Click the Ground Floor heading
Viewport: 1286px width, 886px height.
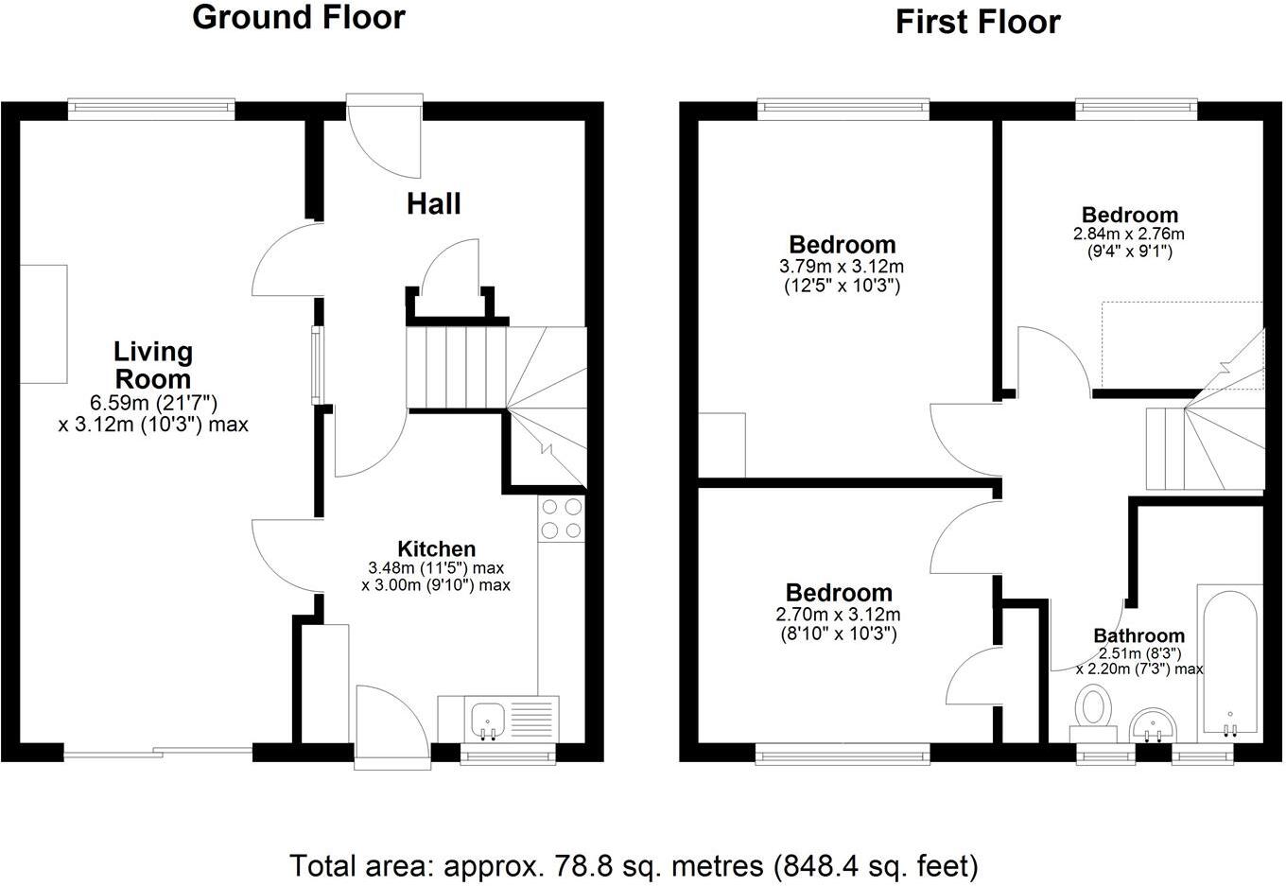(299, 17)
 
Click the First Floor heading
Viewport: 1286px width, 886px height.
(978, 22)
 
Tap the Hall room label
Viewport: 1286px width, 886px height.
(434, 203)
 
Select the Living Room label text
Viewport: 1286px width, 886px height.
(153, 365)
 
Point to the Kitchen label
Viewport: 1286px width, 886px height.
(436, 548)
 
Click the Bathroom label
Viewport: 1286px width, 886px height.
(1138, 635)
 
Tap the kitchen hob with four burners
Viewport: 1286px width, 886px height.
(562, 518)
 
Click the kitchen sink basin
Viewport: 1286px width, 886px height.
(488, 719)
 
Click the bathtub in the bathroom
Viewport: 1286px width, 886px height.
(1227, 661)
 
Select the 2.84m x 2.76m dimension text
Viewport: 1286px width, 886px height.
(1129, 234)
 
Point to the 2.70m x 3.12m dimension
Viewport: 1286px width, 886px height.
(838, 615)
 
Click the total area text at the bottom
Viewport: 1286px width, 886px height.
(633, 864)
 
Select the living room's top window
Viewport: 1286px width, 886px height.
(151, 109)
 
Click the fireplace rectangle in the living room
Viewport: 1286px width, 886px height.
(43, 323)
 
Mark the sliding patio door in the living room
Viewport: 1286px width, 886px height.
(158, 753)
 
